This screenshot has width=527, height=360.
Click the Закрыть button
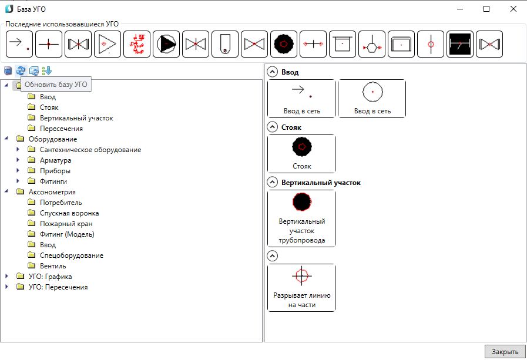(x=505, y=352)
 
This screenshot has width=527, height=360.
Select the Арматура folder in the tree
(x=55, y=160)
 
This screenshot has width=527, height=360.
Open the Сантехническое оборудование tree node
(x=90, y=150)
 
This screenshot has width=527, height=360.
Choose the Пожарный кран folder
(x=66, y=224)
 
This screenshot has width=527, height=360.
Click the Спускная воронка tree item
(x=69, y=213)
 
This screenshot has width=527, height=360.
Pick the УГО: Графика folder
(x=50, y=277)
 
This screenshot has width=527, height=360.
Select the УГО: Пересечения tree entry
(x=58, y=287)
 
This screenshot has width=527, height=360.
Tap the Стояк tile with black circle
(x=301, y=154)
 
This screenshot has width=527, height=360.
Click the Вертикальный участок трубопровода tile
(x=301, y=218)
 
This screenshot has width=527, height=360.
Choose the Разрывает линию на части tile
(x=301, y=288)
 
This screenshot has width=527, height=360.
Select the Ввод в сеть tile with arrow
(x=301, y=99)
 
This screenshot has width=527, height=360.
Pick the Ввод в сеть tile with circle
(x=372, y=99)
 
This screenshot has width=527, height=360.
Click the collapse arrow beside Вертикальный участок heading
(x=272, y=183)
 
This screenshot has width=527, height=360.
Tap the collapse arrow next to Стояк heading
(x=272, y=127)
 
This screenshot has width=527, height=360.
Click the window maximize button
(x=486, y=9)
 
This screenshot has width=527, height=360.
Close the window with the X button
(x=513, y=9)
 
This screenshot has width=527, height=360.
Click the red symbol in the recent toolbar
(x=137, y=44)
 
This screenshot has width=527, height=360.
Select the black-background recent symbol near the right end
(x=460, y=44)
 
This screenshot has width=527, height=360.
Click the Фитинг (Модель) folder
(x=67, y=234)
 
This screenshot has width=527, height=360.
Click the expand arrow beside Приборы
(x=18, y=170)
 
